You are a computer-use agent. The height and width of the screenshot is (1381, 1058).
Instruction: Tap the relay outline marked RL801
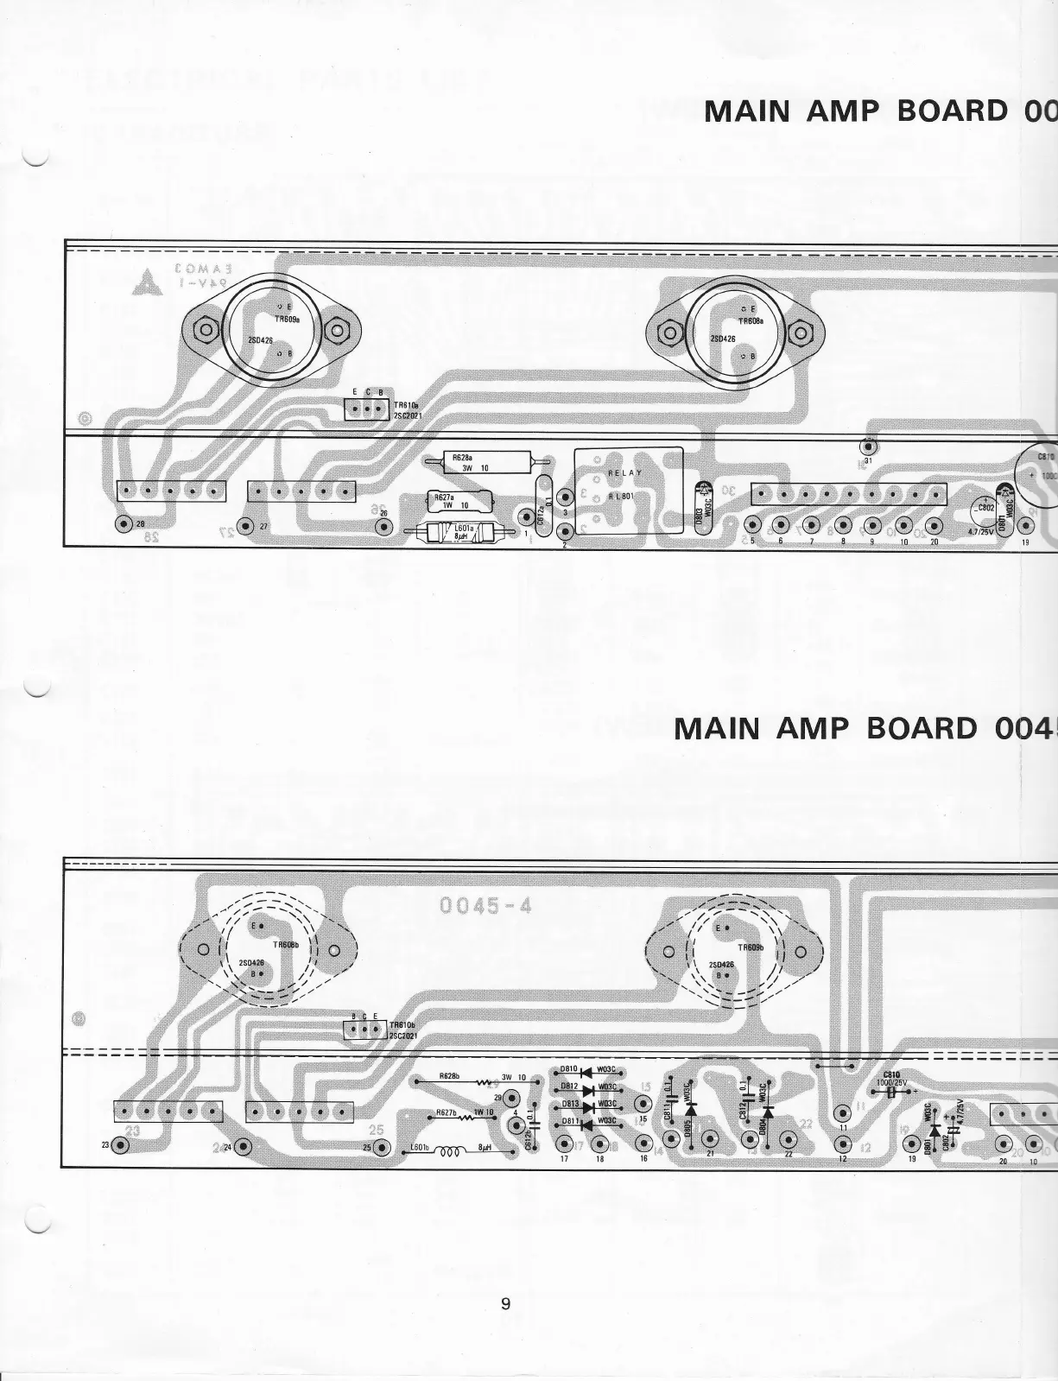[629, 490]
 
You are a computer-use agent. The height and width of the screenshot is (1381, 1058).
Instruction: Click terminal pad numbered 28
[123, 525]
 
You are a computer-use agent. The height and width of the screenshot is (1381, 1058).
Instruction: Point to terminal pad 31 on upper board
[868, 447]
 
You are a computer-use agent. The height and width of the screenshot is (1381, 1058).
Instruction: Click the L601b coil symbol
[449, 1150]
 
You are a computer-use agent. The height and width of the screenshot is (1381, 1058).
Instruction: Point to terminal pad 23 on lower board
[119, 1145]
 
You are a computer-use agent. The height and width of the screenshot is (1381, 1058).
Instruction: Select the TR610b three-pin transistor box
[364, 1029]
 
